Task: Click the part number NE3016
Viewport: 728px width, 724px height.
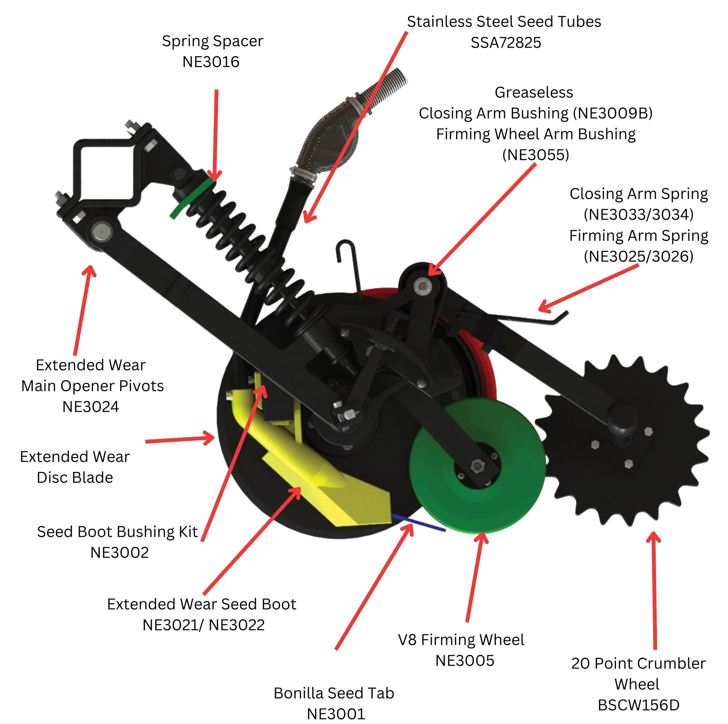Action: click(x=211, y=62)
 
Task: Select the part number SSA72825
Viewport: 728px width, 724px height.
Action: click(x=506, y=43)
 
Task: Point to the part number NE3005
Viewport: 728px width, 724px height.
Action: click(x=464, y=660)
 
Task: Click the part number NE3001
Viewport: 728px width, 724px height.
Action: click(x=336, y=714)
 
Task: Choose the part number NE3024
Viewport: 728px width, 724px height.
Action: click(x=90, y=406)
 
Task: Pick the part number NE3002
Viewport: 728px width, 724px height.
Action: click(x=119, y=552)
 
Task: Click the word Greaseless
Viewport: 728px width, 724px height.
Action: click(x=534, y=93)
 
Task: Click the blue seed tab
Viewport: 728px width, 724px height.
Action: click(x=418, y=522)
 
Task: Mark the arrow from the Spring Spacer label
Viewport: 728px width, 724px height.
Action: click(x=216, y=136)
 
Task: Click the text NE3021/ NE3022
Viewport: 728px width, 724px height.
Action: click(x=203, y=625)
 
